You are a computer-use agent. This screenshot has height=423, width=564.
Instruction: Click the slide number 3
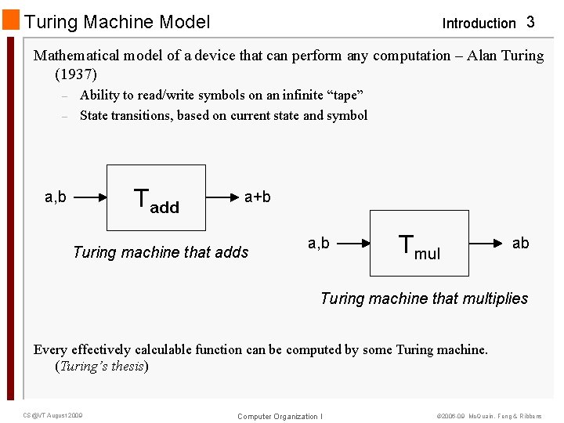[x=530, y=23]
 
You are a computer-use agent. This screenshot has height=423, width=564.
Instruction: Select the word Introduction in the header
[x=479, y=23]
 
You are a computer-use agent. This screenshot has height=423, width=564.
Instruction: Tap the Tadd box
[x=156, y=197]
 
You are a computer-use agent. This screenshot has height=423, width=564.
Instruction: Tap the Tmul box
[x=419, y=243]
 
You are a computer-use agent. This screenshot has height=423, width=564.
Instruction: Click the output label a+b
[x=258, y=197]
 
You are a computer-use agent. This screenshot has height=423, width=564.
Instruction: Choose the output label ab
[x=520, y=244]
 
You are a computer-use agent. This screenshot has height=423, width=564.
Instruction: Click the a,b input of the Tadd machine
[x=56, y=197]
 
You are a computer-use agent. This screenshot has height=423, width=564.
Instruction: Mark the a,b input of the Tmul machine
[x=319, y=244]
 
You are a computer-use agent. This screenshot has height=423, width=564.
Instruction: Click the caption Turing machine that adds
[x=161, y=252]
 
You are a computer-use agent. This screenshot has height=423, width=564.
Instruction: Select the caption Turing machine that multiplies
[x=424, y=298]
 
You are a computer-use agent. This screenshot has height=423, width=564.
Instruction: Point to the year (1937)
[x=76, y=75]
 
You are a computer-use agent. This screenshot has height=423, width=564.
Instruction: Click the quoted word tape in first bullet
[x=345, y=96]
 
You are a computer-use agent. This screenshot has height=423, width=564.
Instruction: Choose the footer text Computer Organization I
[x=280, y=416]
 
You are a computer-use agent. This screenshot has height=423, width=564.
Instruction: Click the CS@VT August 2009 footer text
[x=52, y=415]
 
